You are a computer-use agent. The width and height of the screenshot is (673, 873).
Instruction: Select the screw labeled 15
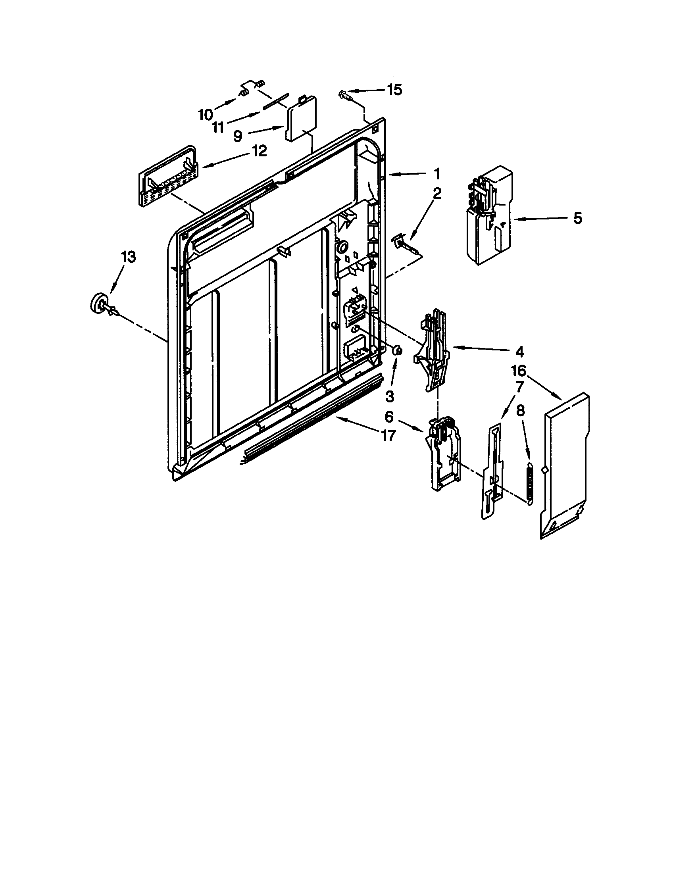pos(344,95)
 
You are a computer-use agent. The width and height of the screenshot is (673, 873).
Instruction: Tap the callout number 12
pos(259,151)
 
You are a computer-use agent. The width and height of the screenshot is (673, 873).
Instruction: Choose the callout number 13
pos(128,257)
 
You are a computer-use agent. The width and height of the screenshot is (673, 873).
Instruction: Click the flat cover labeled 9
pos(299,120)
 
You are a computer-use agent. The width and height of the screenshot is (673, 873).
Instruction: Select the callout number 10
pos(206,115)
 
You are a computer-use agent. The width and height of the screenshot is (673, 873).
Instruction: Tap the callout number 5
pos(577,218)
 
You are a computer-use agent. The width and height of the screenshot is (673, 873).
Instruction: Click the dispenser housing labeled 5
pos(488,216)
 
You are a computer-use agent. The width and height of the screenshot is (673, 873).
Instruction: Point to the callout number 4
pos(519,351)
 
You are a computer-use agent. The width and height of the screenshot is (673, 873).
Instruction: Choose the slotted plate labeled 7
pos(493,470)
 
